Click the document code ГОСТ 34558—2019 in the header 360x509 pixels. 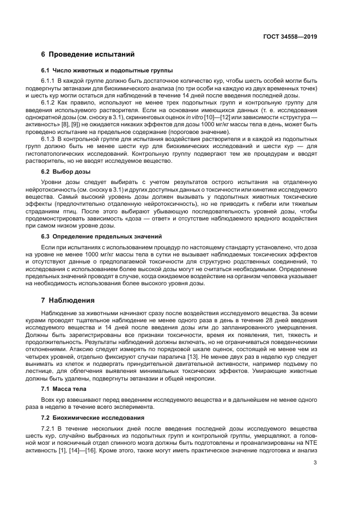coord(289,37)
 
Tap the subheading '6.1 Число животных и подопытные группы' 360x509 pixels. coord(107,71)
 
